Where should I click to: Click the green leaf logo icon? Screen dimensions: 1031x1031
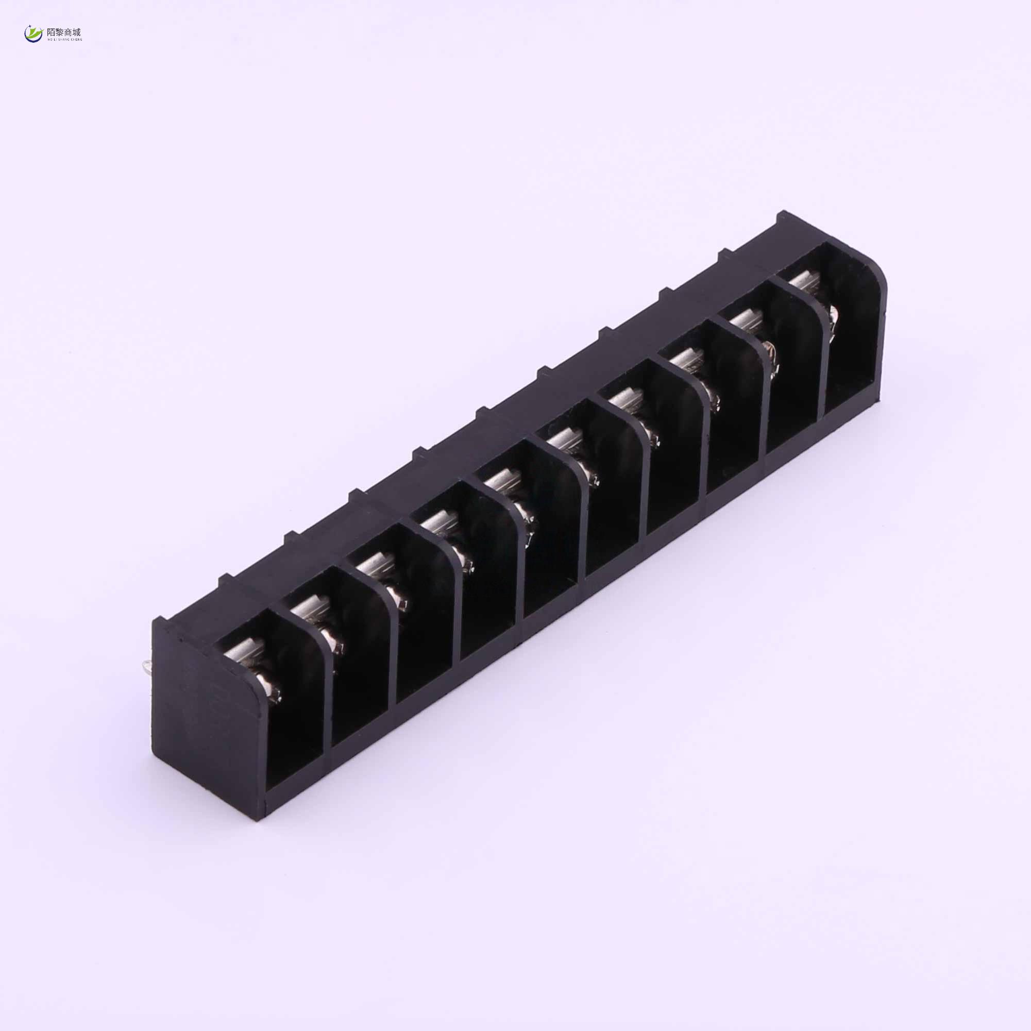[33, 34]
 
